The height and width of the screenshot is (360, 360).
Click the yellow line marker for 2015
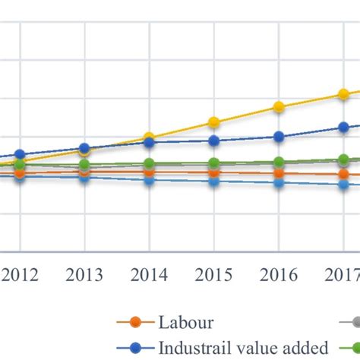[214, 122]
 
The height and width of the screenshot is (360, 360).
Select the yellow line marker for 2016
[279, 107]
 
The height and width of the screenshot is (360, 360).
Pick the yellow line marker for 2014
[149, 137]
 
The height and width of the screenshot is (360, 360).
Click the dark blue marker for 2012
[20, 155]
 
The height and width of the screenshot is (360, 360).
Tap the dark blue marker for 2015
[214, 141]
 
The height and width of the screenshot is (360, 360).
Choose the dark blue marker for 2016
[279, 137]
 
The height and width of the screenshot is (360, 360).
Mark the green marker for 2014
[149, 163]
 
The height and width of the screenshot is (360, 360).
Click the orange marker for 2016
[279, 174]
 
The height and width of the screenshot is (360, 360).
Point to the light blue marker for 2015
[214, 182]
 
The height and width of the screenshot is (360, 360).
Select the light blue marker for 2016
[279, 183]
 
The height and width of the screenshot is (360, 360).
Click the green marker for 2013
[84, 164]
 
